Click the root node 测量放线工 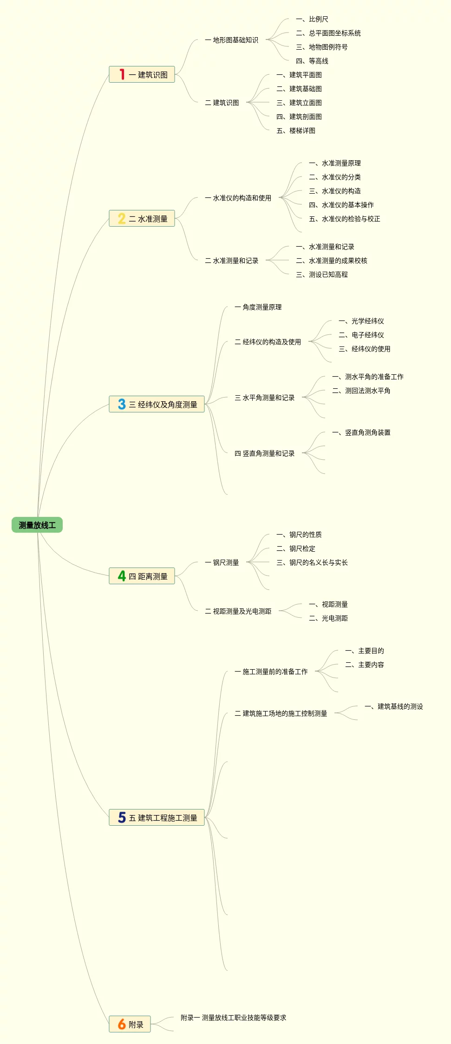click(37, 525)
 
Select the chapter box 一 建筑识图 click(142, 75)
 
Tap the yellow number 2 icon click(122, 219)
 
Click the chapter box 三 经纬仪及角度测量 click(157, 405)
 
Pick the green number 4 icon click(122, 576)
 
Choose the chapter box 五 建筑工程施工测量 click(157, 818)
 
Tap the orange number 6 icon click(122, 1024)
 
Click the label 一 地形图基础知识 click(231, 40)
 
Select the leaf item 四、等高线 click(312, 61)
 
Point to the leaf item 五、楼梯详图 click(296, 131)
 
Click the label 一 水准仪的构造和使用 click(238, 198)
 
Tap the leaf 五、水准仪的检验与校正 click(345, 219)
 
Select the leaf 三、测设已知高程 click(322, 275)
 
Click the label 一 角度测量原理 click(258, 307)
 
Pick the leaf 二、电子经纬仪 click(361, 335)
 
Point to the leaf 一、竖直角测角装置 click(361, 433)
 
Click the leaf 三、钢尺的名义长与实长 click(312, 563)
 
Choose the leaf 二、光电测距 click(328, 619)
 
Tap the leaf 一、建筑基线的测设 click(394, 707)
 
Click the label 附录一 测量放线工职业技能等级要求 click(233, 1018)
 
